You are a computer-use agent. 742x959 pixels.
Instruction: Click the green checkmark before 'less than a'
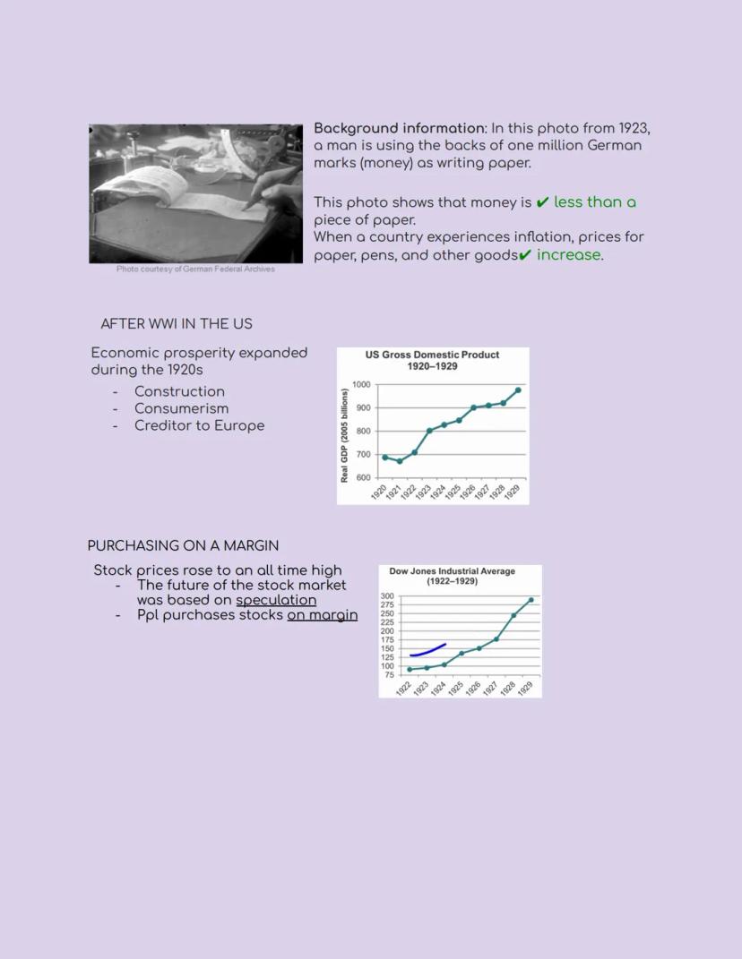pyautogui.click(x=542, y=202)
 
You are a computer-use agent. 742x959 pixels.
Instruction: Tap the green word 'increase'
pyautogui.click(x=568, y=255)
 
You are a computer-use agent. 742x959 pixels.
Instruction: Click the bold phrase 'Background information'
pyautogui.click(x=399, y=128)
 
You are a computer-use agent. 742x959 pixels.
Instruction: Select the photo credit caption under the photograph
pyautogui.click(x=195, y=270)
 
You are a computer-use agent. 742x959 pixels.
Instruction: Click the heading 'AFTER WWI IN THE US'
pyautogui.click(x=177, y=324)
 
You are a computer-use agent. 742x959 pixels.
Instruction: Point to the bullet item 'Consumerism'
pyautogui.click(x=181, y=408)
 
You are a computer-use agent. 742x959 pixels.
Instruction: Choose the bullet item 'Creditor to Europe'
pyautogui.click(x=199, y=425)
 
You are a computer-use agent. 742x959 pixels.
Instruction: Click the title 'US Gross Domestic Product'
pyautogui.click(x=432, y=355)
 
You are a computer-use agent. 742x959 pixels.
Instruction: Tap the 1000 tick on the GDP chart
pyautogui.click(x=361, y=385)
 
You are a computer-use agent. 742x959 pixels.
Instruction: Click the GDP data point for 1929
pyautogui.click(x=518, y=390)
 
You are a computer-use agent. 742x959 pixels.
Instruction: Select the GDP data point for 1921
pyautogui.click(x=400, y=461)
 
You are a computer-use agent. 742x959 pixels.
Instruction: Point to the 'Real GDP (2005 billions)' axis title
pyautogui.click(x=344, y=436)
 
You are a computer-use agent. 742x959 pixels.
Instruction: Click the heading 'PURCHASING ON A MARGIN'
pyautogui.click(x=183, y=545)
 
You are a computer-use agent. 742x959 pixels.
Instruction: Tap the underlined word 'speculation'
pyautogui.click(x=276, y=600)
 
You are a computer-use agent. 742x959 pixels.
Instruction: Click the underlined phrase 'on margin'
pyautogui.click(x=322, y=615)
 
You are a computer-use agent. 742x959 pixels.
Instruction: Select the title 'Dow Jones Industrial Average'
pyautogui.click(x=452, y=571)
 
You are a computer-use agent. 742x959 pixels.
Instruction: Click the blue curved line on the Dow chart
pyautogui.click(x=427, y=652)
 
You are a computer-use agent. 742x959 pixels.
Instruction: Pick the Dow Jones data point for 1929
pyautogui.click(x=531, y=600)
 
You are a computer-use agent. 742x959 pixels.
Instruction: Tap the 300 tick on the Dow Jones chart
pyautogui.click(x=387, y=596)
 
